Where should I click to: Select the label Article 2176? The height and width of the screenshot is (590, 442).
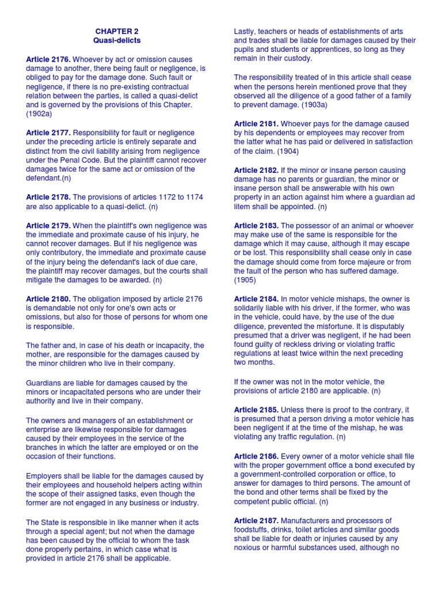(48, 59)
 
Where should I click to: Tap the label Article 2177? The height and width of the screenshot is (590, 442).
(48, 132)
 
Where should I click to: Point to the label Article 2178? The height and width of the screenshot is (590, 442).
(48, 197)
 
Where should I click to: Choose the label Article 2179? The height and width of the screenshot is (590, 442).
(48, 225)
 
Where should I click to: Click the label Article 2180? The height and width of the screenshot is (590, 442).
(48, 299)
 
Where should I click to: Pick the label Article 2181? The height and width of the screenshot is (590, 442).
(256, 124)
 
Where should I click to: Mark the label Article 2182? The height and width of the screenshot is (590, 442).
(256, 170)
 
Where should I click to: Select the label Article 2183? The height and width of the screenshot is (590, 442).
(256, 225)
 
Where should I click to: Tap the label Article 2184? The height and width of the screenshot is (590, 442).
(256, 299)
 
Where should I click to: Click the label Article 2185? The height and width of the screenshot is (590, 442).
(256, 410)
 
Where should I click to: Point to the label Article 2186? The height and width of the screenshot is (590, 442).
(256, 456)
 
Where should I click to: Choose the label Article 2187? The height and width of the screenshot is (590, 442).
(256, 520)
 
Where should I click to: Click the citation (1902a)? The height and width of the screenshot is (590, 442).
(39, 114)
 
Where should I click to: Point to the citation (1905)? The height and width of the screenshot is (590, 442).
(245, 280)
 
